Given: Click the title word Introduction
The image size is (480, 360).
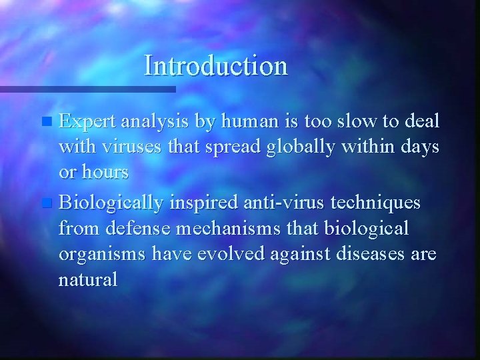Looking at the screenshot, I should click(x=216, y=66).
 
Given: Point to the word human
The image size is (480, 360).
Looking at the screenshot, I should click(x=249, y=121).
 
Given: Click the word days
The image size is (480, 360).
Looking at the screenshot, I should click(x=419, y=147).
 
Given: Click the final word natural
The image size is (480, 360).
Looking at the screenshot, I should click(x=87, y=279).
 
